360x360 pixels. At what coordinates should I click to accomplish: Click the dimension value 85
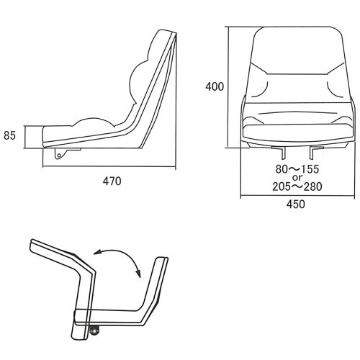coord(9,135)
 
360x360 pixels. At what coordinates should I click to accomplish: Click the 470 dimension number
coord(112,181)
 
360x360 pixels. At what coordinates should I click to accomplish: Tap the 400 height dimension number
coord(215,86)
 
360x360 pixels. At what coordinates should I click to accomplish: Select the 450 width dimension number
coord(296,204)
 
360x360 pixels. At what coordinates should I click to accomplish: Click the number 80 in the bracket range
coord(282,169)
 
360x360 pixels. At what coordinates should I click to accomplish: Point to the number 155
coord(310,169)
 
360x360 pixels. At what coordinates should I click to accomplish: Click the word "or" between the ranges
coord(297,178)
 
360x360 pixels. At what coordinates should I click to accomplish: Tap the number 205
coord(282,186)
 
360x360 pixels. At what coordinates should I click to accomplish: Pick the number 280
coord(312,186)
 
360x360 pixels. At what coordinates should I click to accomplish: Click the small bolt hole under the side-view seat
coord(59,156)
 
